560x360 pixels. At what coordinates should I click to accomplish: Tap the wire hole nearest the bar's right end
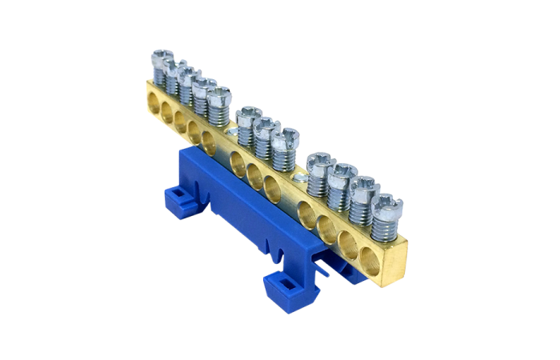tap(370, 260)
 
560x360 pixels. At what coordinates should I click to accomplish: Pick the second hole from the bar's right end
tap(348, 244)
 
